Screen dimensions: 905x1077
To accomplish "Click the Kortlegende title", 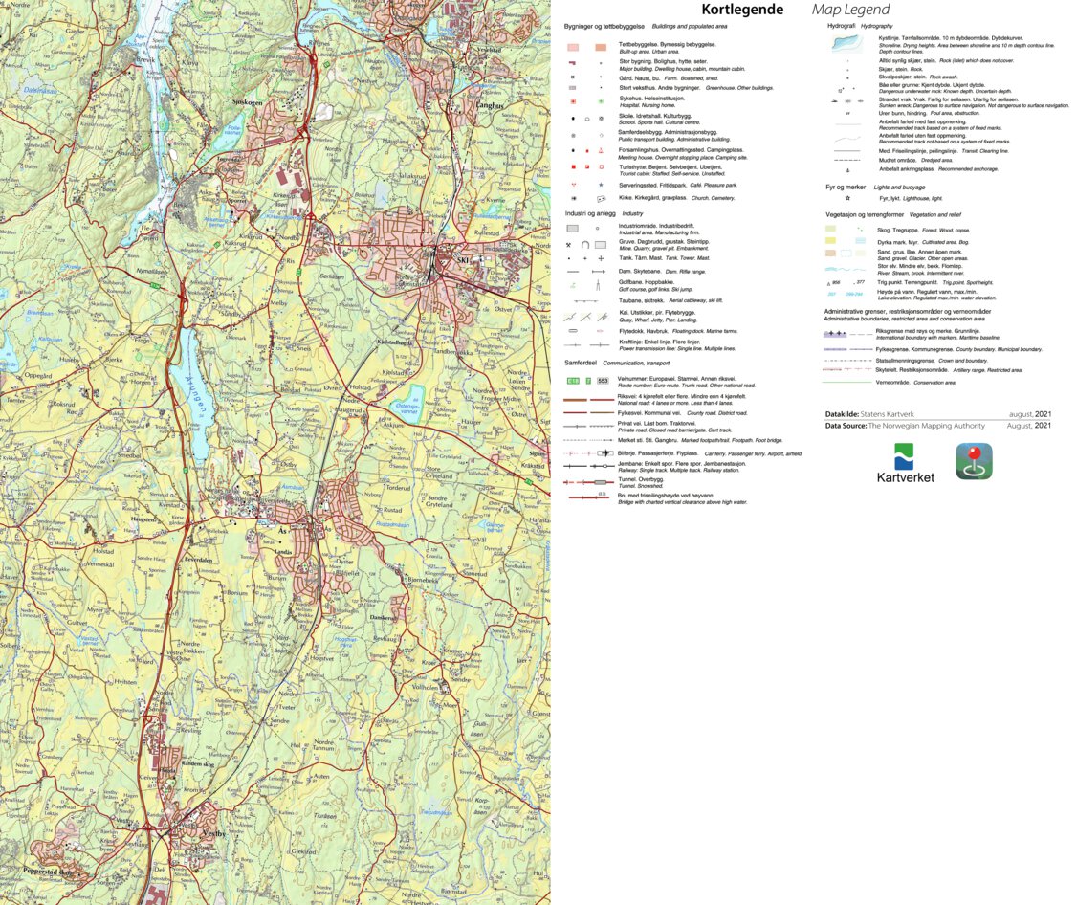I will pyautogui.click(x=742, y=10).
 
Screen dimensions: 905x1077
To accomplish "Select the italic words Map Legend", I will pyautogui.click(x=850, y=10).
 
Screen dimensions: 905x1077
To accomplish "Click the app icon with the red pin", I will pyautogui.click(x=974, y=461).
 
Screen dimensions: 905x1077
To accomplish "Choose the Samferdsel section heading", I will pyautogui.click(x=581, y=364).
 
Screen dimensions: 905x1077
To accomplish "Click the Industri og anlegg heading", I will pyautogui.click(x=589, y=213).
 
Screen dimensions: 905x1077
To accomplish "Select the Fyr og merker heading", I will pyautogui.click(x=846, y=188).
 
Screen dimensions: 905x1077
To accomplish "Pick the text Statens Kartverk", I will pyautogui.click(x=892, y=414).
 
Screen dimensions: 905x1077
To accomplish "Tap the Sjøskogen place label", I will pyautogui.click(x=248, y=101).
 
